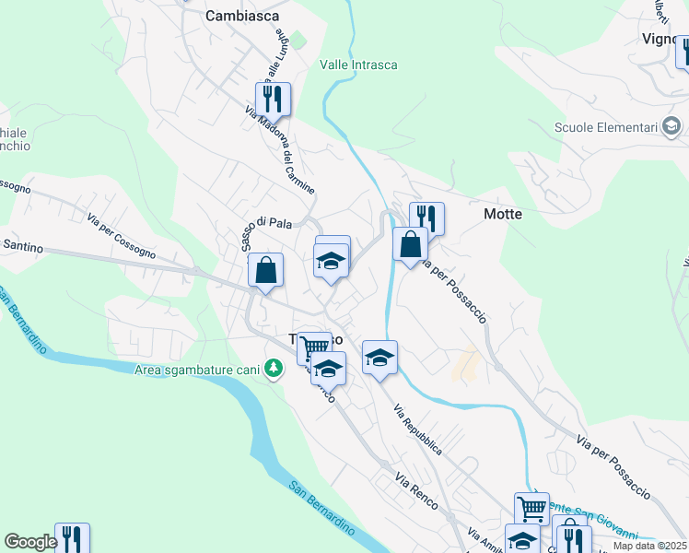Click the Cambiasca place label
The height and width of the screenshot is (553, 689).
click(242, 16)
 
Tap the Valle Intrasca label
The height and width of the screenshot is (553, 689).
click(358, 65)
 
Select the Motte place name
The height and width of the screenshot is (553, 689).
click(503, 214)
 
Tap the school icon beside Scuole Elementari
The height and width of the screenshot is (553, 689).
click(673, 126)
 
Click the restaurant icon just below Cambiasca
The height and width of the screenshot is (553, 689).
click(273, 98)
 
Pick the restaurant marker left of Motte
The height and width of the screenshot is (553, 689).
click(426, 218)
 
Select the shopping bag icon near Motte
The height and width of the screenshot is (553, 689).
click(410, 244)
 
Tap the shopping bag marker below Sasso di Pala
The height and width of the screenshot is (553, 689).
click(265, 270)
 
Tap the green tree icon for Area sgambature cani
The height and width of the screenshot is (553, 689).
click(273, 370)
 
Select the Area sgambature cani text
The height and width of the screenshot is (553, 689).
click(196, 371)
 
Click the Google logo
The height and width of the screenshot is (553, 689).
click(30, 542)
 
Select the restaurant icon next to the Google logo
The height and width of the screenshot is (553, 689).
click(72, 538)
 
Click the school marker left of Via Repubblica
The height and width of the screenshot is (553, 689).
click(380, 357)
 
